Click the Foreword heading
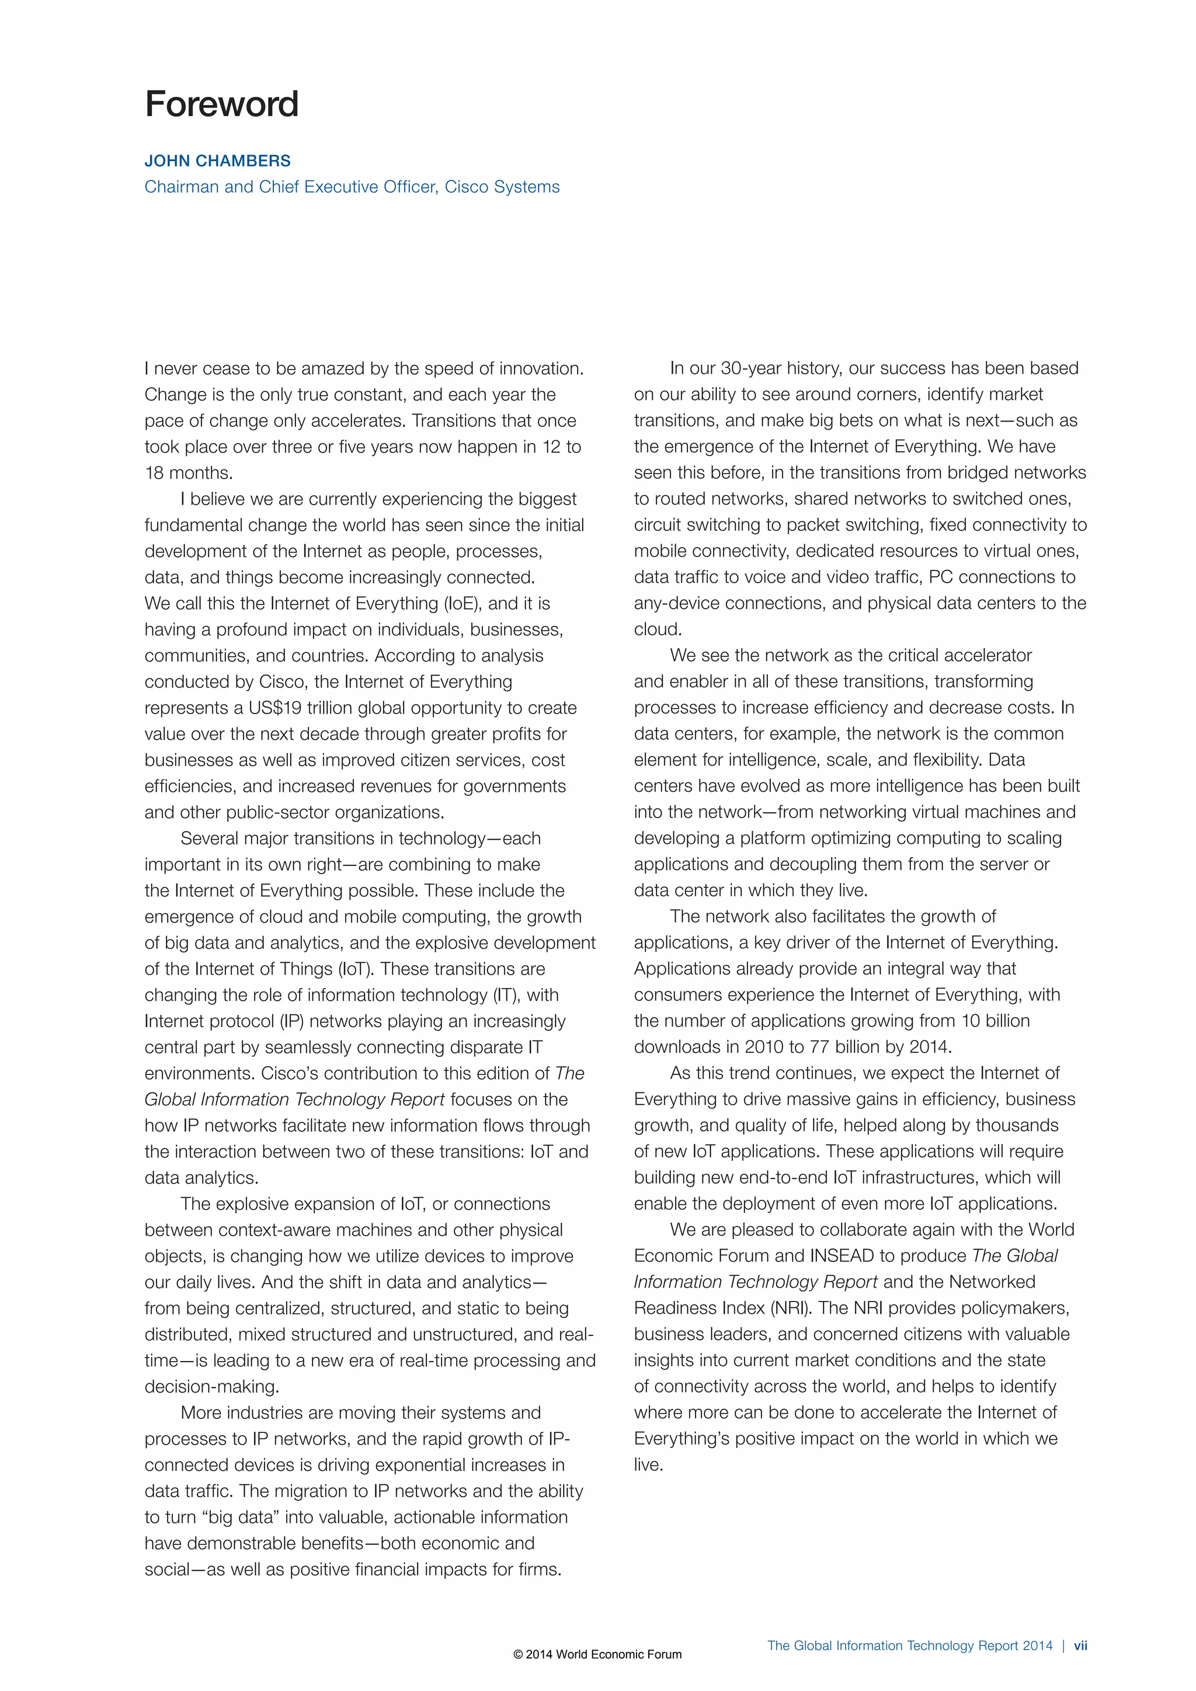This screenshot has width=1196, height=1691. [222, 104]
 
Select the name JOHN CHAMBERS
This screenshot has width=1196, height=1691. [217, 161]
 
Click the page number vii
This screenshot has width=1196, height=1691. [1080, 1645]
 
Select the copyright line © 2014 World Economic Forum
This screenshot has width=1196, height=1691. [597, 1654]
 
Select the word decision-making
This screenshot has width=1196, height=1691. [211, 1387]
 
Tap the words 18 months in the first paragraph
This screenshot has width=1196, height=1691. [189, 473]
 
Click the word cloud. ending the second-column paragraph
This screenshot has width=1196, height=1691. [658, 629]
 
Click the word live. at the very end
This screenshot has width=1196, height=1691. [648, 1465]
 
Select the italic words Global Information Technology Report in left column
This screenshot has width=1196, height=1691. [294, 1100]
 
